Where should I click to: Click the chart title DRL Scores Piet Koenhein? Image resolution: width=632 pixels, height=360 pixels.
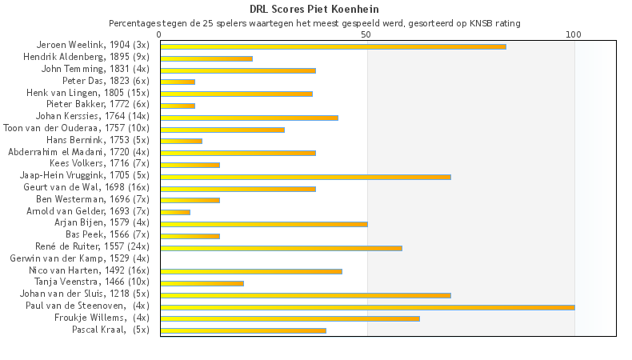314,9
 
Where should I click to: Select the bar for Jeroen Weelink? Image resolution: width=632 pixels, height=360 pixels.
333,46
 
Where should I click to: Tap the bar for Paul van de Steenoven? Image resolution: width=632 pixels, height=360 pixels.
367,306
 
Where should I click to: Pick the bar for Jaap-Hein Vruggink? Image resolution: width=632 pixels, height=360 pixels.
306,176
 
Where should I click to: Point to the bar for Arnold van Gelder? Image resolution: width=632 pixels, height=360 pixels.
175,212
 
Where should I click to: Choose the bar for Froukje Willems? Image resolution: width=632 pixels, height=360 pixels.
290,318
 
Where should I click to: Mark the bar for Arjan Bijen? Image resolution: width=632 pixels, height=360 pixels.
264,224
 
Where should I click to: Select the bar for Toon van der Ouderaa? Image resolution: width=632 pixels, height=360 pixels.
222,129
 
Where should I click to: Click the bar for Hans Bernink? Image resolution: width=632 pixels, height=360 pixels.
181,141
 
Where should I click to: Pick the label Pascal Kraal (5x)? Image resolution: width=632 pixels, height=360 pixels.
110,330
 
